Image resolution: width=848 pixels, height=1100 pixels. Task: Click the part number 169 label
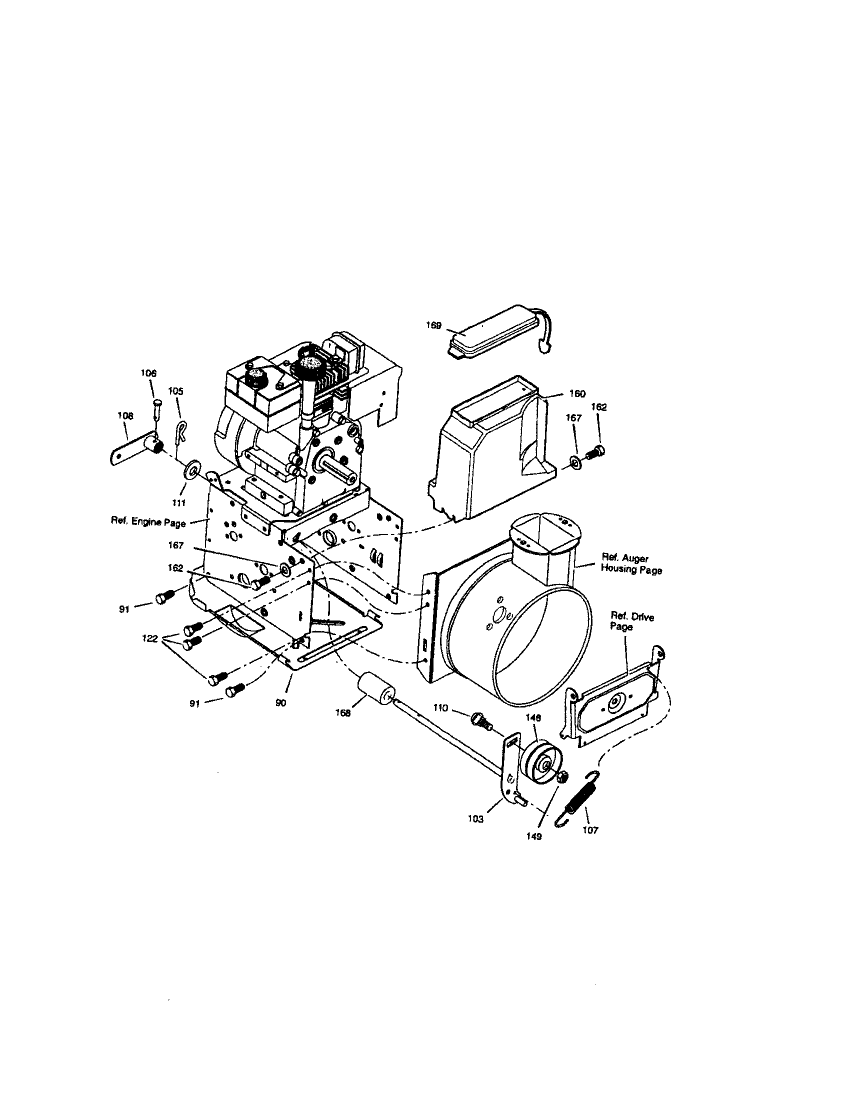433,325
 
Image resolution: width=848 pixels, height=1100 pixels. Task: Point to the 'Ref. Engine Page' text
148,522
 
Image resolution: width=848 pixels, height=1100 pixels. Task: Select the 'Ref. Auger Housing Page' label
631,564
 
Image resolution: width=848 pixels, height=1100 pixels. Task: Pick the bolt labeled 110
479,720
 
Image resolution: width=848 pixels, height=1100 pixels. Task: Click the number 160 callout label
577,393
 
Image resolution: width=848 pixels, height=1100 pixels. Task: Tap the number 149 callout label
534,836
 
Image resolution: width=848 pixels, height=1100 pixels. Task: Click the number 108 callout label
125,415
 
